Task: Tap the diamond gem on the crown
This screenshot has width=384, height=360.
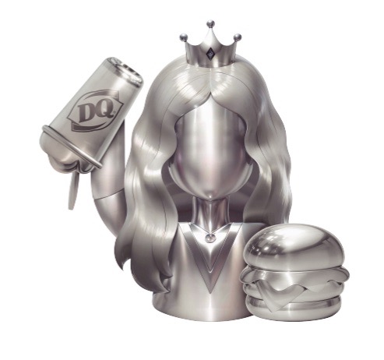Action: (210, 53)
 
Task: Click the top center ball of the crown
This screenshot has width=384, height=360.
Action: (211, 24)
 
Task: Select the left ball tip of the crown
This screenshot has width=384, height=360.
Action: (184, 37)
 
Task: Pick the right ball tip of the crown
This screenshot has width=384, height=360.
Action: (238, 37)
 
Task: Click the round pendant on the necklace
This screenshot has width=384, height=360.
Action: (210, 237)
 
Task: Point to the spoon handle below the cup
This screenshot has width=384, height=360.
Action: (72, 191)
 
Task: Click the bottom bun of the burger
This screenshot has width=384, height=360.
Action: (293, 308)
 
